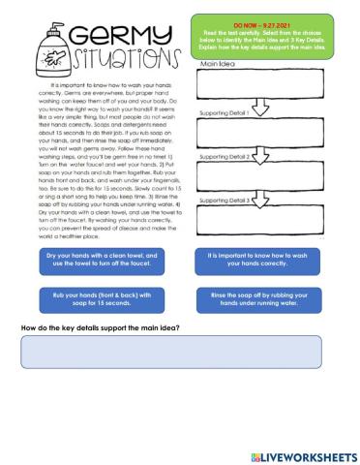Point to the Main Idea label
point(219,64)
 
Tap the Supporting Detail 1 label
point(224,112)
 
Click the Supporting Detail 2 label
point(224,156)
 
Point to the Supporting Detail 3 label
point(224,201)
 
